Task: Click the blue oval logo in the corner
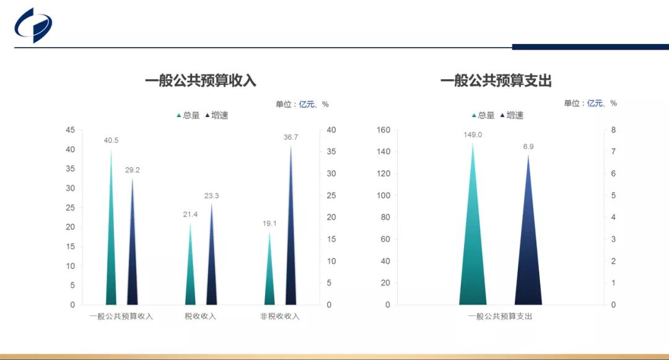[x=33, y=25]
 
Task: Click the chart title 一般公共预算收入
[x=200, y=81]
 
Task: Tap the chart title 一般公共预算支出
[x=496, y=81]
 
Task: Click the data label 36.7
[x=291, y=137]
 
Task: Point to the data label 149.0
[x=473, y=135]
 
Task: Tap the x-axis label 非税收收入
[x=280, y=316]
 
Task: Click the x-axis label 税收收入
[x=200, y=316]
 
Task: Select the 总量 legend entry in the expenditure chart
[x=483, y=115]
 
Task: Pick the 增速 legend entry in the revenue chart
[x=217, y=115]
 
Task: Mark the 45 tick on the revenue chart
[x=71, y=130]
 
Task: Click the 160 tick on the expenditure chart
[x=383, y=130]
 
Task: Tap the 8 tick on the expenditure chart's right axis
[x=613, y=130]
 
